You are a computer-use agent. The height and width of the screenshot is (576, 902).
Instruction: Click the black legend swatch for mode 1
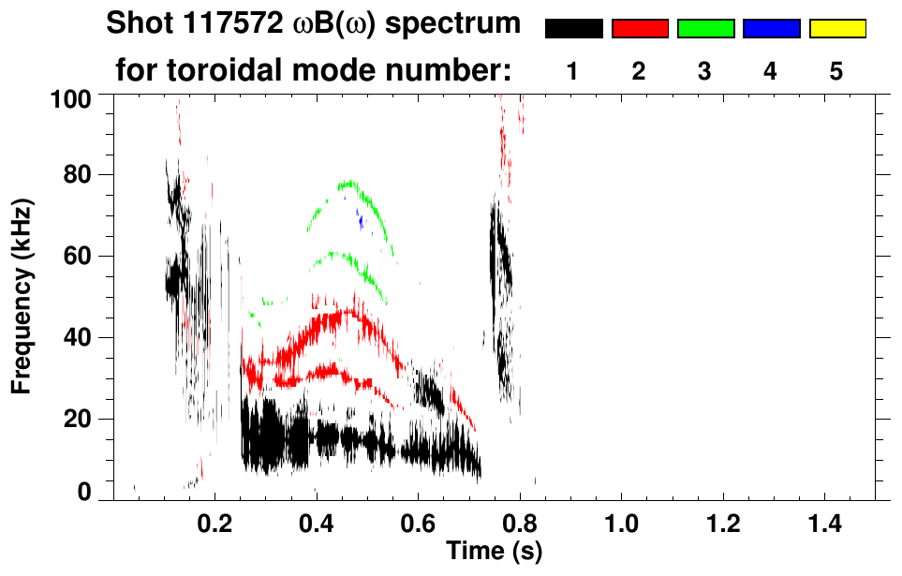[x=573, y=29]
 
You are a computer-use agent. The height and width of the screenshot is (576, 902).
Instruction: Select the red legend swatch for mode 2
[x=639, y=29]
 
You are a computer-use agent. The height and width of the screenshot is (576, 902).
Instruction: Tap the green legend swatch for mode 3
[x=705, y=29]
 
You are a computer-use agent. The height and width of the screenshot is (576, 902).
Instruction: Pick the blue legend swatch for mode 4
[x=771, y=29]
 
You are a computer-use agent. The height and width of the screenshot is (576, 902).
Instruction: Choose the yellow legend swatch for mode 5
[x=836, y=29]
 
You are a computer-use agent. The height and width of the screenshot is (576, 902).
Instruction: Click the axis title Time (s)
[x=494, y=550]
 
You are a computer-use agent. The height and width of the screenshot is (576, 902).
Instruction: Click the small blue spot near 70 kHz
[x=360, y=221]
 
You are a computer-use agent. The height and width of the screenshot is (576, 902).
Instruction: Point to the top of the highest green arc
[x=349, y=182]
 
